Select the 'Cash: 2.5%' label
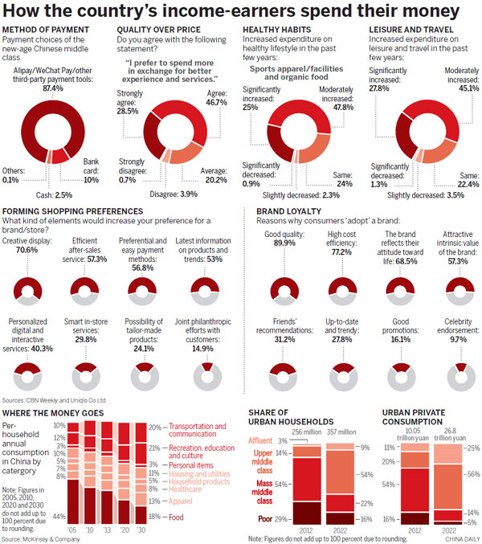pos(55,194)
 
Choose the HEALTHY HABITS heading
pos(272,30)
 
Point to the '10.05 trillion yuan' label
pos(406,433)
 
